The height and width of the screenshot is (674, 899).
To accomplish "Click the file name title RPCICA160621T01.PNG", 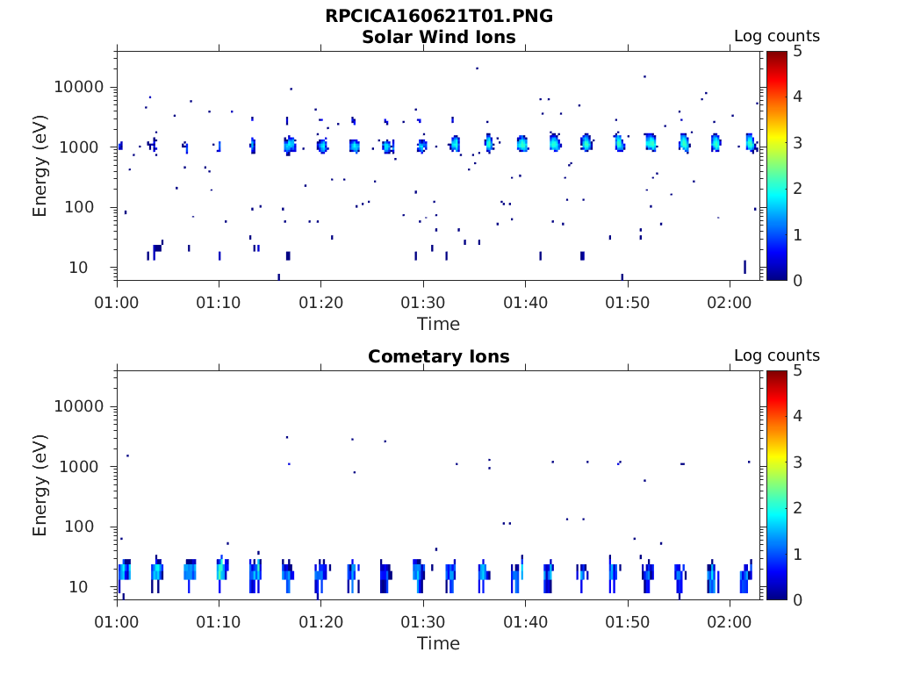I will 439,16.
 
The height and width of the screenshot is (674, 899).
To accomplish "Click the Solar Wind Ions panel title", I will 439,37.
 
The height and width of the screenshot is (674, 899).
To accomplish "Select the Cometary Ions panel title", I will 439,356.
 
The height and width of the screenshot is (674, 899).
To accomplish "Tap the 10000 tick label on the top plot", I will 80,88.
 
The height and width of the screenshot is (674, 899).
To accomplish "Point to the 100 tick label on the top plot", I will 88,208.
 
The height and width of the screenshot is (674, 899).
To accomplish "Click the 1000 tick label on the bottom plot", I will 84,467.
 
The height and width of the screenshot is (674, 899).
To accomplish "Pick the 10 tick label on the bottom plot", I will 92,587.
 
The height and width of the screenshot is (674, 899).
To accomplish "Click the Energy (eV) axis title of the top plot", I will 40,165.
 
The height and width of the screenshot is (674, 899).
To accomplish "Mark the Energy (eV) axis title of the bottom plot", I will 40,484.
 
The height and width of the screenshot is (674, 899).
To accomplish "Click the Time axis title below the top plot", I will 439,324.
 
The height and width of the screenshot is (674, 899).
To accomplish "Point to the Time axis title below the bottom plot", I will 439,643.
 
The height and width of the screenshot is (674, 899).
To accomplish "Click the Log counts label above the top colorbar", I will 777,37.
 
